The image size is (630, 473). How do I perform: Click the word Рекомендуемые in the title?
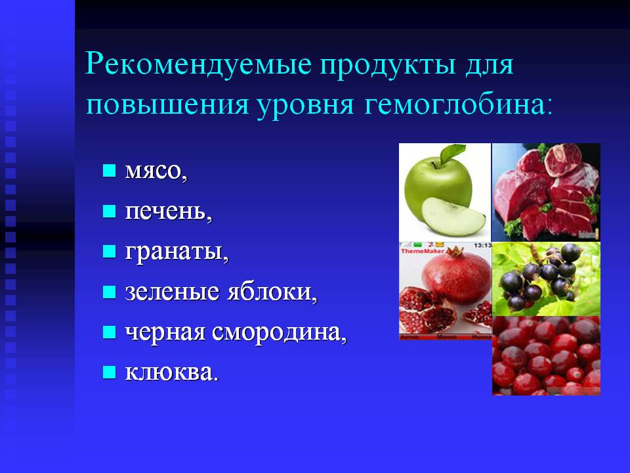(198, 64)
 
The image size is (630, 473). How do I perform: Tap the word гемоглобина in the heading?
(457, 104)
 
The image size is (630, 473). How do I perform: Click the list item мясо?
(156, 171)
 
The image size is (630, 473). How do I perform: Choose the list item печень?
(169, 210)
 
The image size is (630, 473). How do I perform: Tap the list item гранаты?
(177, 252)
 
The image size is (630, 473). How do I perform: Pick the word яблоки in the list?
(272, 290)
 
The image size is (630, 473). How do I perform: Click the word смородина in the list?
(279, 332)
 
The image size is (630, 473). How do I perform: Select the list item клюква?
(171, 371)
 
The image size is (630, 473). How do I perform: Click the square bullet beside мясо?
(110, 171)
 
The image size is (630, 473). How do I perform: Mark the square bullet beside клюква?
(110, 372)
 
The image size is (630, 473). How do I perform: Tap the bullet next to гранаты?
(110, 252)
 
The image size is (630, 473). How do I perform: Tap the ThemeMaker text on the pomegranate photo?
(423, 251)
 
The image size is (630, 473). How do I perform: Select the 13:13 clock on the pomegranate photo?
(482, 245)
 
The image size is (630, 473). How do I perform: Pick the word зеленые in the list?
(173, 292)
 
